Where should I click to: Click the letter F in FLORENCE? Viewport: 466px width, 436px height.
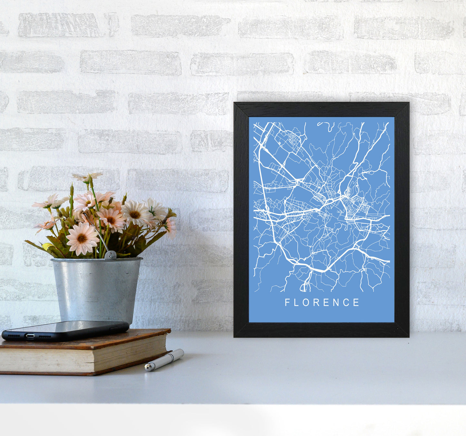point(287,302)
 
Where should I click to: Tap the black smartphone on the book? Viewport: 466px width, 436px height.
point(64,330)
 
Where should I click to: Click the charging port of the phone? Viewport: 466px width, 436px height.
point(30,336)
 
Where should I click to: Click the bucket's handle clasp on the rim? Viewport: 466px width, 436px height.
point(110,255)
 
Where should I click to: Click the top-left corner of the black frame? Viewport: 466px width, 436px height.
point(234,103)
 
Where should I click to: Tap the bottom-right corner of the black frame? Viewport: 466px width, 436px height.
point(408,336)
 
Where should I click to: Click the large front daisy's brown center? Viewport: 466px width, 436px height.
point(82,238)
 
